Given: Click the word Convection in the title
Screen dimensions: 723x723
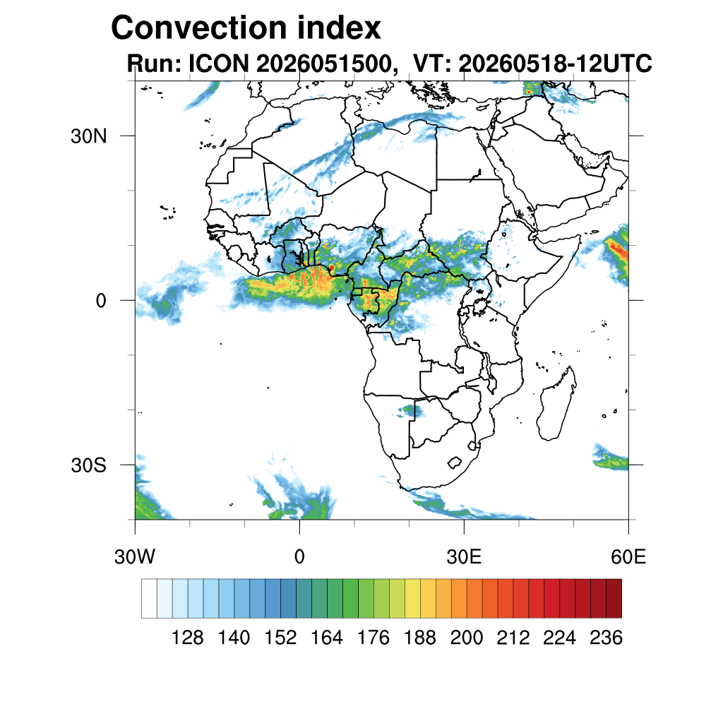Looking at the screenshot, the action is (x=200, y=28).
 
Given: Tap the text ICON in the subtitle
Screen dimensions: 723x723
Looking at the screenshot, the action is (x=219, y=64).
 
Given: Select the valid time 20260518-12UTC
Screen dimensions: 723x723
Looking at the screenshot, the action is (x=555, y=64).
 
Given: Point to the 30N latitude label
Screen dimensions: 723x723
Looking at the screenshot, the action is (x=88, y=136).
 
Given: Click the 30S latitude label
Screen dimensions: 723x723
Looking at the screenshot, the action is (x=88, y=465).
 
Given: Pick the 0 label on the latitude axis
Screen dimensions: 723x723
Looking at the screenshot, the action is (x=101, y=301).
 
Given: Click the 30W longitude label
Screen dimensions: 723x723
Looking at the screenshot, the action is (x=135, y=557).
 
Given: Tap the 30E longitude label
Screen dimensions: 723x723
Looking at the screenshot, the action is (x=464, y=557).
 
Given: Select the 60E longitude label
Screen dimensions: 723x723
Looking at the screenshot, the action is (x=628, y=557).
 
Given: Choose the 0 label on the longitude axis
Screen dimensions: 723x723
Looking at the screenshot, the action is (x=299, y=557).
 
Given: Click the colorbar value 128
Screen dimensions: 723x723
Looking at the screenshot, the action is (x=187, y=638).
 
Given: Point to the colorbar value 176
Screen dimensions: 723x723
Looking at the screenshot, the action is (x=374, y=638).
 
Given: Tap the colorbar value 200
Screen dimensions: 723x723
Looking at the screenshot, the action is (x=467, y=638).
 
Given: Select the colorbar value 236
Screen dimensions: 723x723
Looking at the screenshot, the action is (x=606, y=638).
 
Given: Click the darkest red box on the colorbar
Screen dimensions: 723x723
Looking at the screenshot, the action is (x=614, y=598).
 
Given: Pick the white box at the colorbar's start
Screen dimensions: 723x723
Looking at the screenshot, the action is (x=149, y=598).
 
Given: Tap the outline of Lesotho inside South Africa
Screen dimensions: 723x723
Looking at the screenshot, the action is (x=455, y=462).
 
